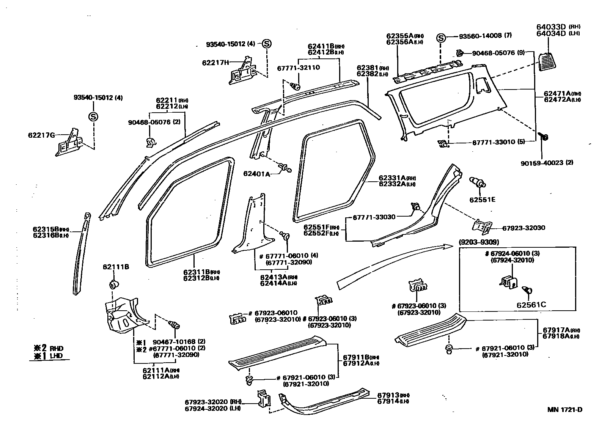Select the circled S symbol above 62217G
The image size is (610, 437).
pos(93,117)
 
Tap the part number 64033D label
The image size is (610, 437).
pos(550,27)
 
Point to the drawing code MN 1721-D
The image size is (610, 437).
pos(564,410)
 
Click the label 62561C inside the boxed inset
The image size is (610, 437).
pos(531,304)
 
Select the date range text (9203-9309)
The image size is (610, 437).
pos(478,242)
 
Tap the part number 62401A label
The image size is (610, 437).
pos(256,174)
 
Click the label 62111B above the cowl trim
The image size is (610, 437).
pos(116,267)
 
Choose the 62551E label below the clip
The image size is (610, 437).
pos(482,200)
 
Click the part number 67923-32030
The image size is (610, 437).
pos(524,228)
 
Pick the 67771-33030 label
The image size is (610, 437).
pos(374,217)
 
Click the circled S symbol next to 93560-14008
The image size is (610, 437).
pos(441,38)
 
